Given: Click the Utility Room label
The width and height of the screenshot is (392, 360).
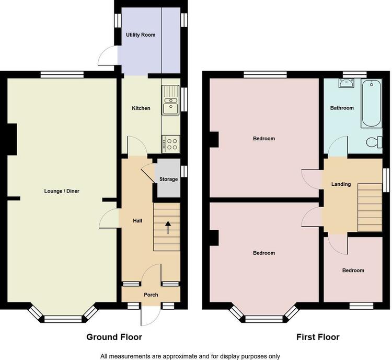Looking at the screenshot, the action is click(x=141, y=35).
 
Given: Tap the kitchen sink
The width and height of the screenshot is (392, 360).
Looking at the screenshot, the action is click(x=170, y=100).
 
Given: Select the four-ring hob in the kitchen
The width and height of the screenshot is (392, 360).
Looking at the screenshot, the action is click(x=171, y=144).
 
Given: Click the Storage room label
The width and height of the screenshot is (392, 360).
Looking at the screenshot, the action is click(x=168, y=179).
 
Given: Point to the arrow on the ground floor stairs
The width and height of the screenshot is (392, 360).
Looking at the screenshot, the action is click(x=168, y=228).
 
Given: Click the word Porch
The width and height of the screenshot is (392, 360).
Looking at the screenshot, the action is click(x=151, y=295).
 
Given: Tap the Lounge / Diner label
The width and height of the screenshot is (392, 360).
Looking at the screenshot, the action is click(x=62, y=191).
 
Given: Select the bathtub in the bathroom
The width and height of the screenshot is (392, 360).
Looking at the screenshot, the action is click(x=371, y=104).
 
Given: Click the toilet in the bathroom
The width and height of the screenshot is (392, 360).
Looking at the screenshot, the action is click(x=374, y=142).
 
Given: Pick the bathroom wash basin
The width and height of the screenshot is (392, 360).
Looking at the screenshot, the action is click(x=346, y=83).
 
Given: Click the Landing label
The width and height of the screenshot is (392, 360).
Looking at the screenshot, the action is click(x=341, y=184).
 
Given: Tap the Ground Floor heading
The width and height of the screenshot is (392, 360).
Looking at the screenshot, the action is click(x=114, y=337).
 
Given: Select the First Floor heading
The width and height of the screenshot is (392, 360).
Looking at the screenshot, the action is click(x=318, y=337).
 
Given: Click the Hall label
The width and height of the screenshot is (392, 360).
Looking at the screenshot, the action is click(x=137, y=221).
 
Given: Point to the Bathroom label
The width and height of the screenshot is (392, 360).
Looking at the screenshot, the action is click(x=342, y=108).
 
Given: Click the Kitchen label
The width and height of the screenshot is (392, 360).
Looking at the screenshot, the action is click(x=141, y=108).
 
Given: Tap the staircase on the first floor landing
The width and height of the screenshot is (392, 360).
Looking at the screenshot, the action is click(x=370, y=208).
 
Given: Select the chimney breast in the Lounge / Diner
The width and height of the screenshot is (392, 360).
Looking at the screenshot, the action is click(x=12, y=139).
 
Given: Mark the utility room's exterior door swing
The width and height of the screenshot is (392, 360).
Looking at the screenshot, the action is click(x=107, y=55).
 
